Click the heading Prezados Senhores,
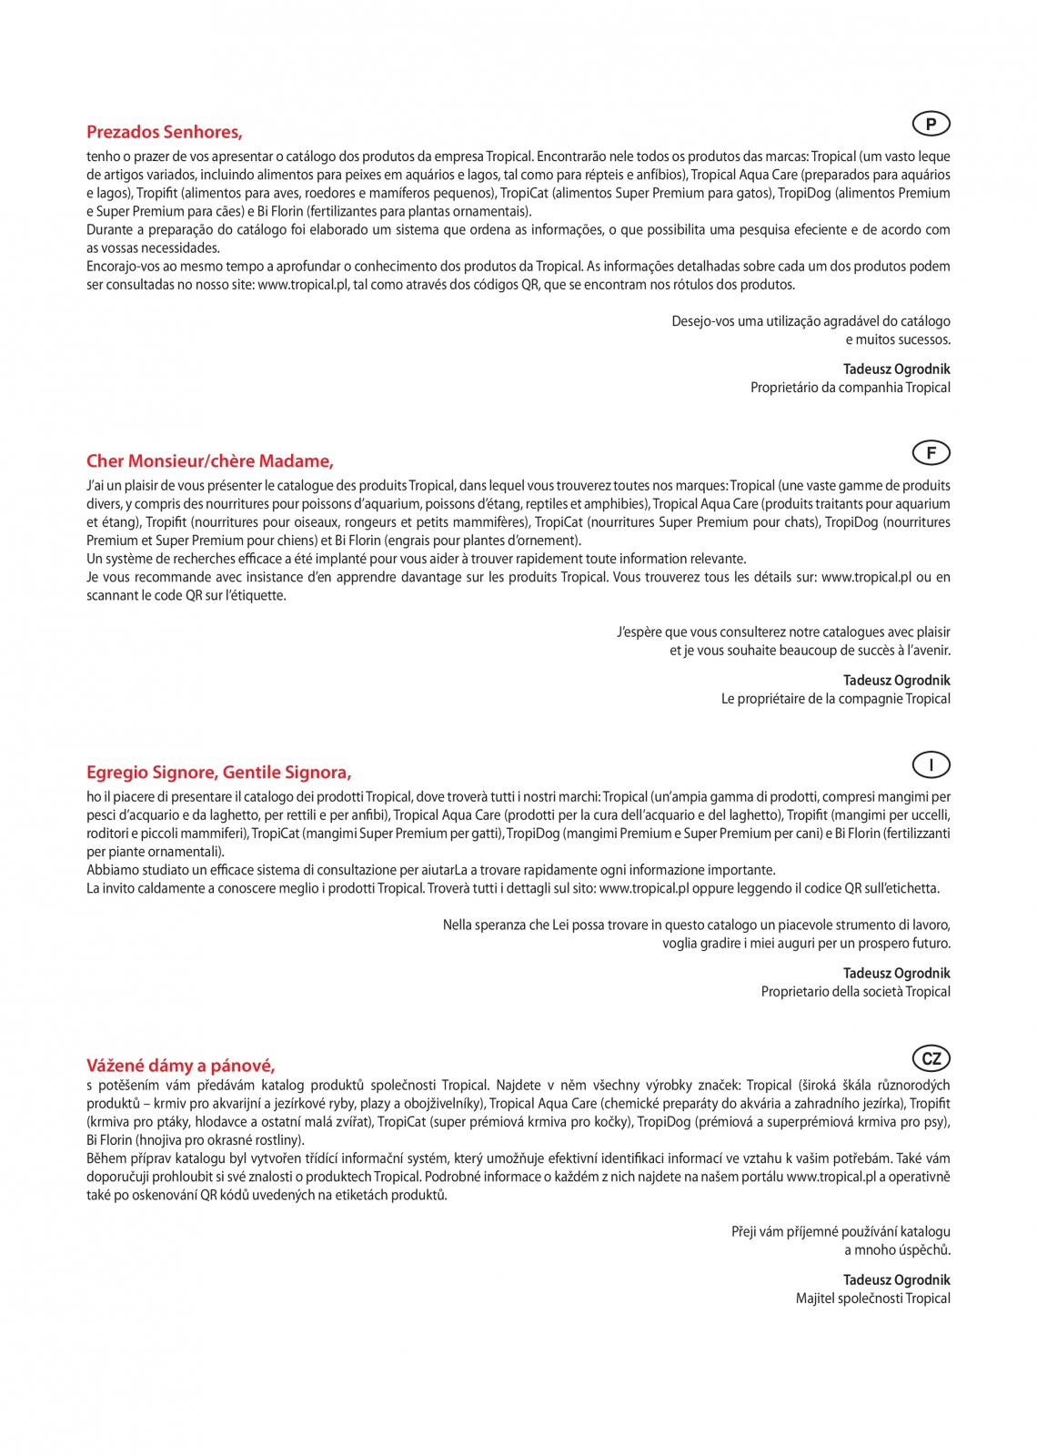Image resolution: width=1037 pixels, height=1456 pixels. point(165,133)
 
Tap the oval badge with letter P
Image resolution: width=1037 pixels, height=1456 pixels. point(931,124)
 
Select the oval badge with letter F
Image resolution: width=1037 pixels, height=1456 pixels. point(931,453)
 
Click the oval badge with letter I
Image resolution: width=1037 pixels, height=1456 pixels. point(931,765)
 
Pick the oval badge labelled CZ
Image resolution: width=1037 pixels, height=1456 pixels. point(931,1058)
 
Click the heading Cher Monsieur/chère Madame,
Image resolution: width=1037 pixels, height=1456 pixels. point(210,461)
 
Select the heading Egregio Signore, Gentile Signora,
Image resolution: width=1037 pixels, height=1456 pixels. point(218,773)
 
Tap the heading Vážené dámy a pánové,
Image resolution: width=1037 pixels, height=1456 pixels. point(181,1066)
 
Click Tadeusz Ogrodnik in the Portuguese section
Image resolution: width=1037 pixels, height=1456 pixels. point(896,369)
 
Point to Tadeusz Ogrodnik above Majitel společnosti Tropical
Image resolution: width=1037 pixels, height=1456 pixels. point(896,1280)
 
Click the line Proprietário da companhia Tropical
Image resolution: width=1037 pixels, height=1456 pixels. point(850,388)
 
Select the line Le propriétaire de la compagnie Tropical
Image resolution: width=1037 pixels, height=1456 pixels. point(835,699)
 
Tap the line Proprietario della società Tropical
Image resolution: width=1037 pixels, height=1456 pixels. point(855,992)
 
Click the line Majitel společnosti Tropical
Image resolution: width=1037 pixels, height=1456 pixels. point(872,1299)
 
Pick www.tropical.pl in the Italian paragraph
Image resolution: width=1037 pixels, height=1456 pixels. point(644,889)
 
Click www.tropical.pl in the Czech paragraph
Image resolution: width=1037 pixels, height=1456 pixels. point(831,1178)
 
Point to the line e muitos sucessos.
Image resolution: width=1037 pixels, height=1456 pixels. point(898,340)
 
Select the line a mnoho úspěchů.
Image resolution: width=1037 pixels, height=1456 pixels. point(898,1250)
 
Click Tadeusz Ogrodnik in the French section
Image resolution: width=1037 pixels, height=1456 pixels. point(896,681)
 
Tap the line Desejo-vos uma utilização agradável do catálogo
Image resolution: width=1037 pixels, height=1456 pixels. point(810,321)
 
